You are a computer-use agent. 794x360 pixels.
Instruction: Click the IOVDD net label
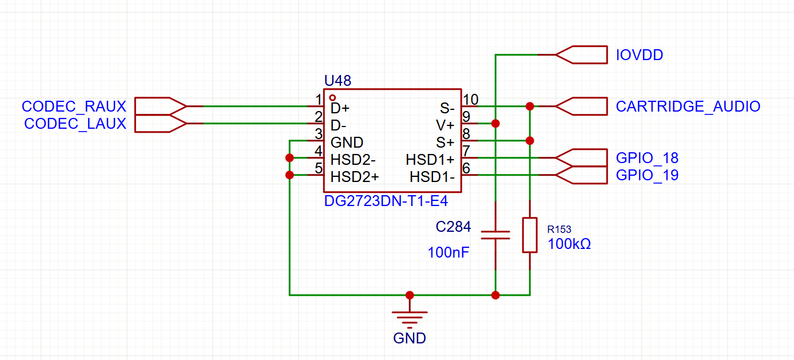(x=640, y=55)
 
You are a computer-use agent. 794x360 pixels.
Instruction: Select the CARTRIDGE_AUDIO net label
(x=688, y=106)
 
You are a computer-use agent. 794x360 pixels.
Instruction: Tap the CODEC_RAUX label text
(x=74, y=106)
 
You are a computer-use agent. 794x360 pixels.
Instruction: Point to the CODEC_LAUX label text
(x=75, y=124)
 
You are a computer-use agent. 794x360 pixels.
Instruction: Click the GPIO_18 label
(x=647, y=158)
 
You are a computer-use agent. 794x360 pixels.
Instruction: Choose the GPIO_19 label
(x=647, y=175)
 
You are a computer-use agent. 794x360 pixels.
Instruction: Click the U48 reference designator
(x=338, y=81)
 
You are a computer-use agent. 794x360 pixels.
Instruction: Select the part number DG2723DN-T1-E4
(x=386, y=201)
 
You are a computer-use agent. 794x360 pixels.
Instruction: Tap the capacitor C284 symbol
(x=495, y=235)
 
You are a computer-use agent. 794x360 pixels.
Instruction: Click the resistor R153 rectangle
(x=530, y=235)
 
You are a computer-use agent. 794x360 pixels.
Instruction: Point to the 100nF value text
(x=448, y=252)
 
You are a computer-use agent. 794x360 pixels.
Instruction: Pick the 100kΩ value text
(x=569, y=244)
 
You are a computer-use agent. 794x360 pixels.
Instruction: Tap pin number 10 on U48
(x=470, y=100)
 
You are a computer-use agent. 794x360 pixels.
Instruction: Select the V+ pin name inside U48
(x=445, y=125)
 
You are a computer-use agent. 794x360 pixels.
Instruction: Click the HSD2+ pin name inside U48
(x=355, y=177)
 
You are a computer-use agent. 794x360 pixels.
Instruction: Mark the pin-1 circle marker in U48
(x=332, y=97)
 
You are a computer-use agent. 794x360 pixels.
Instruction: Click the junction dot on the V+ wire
(x=495, y=124)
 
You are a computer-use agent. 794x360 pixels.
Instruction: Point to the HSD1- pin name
(x=432, y=177)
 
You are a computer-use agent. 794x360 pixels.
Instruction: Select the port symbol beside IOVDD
(x=581, y=55)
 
